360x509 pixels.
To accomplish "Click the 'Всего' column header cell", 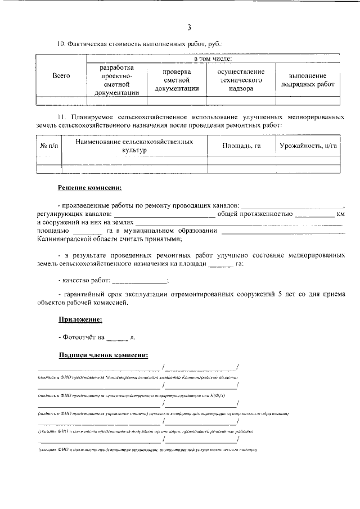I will point(61,76).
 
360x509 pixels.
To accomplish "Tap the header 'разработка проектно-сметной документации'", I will point(116,80).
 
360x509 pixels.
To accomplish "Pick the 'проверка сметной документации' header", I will point(177,80).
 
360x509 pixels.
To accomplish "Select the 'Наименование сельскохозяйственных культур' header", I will point(134,146).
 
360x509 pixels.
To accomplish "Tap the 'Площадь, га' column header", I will point(241,146).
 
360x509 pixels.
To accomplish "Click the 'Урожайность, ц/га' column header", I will point(309,146).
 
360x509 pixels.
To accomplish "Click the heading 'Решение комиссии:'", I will point(89,187).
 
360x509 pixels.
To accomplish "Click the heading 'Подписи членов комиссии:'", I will point(103,355).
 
